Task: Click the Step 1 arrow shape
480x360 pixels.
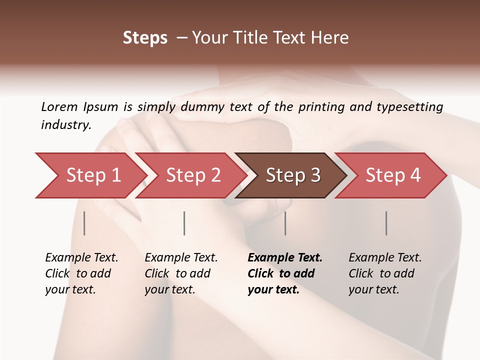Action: point(92,175)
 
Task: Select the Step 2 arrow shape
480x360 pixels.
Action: point(192,175)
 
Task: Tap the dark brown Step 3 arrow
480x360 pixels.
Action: point(292,175)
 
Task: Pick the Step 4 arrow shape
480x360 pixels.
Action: point(392,175)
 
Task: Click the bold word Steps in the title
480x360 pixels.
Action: point(145,38)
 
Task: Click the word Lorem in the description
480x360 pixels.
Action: point(59,106)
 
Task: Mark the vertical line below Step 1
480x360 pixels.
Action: point(84,223)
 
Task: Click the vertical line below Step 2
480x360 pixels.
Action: point(184,223)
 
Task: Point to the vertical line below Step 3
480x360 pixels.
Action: point(285,223)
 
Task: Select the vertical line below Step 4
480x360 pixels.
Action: point(386,223)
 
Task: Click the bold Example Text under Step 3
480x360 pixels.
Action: point(285,258)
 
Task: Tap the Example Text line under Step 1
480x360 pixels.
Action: point(81,258)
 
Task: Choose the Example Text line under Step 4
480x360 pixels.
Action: point(385,258)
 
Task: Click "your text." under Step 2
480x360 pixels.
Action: point(169,290)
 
